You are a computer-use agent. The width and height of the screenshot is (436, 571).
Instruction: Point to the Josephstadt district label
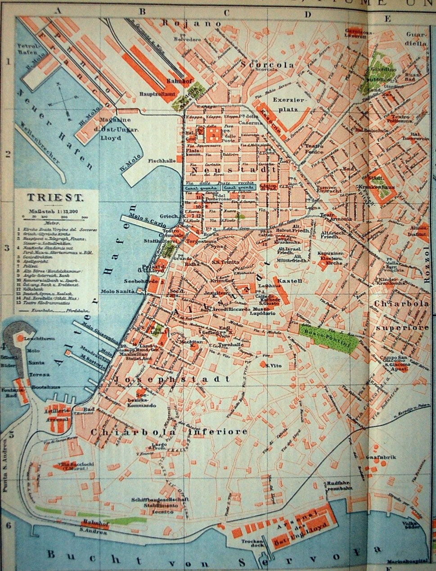(x=173, y=379)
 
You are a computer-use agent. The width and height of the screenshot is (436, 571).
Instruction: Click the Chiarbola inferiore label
(x=169, y=431)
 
